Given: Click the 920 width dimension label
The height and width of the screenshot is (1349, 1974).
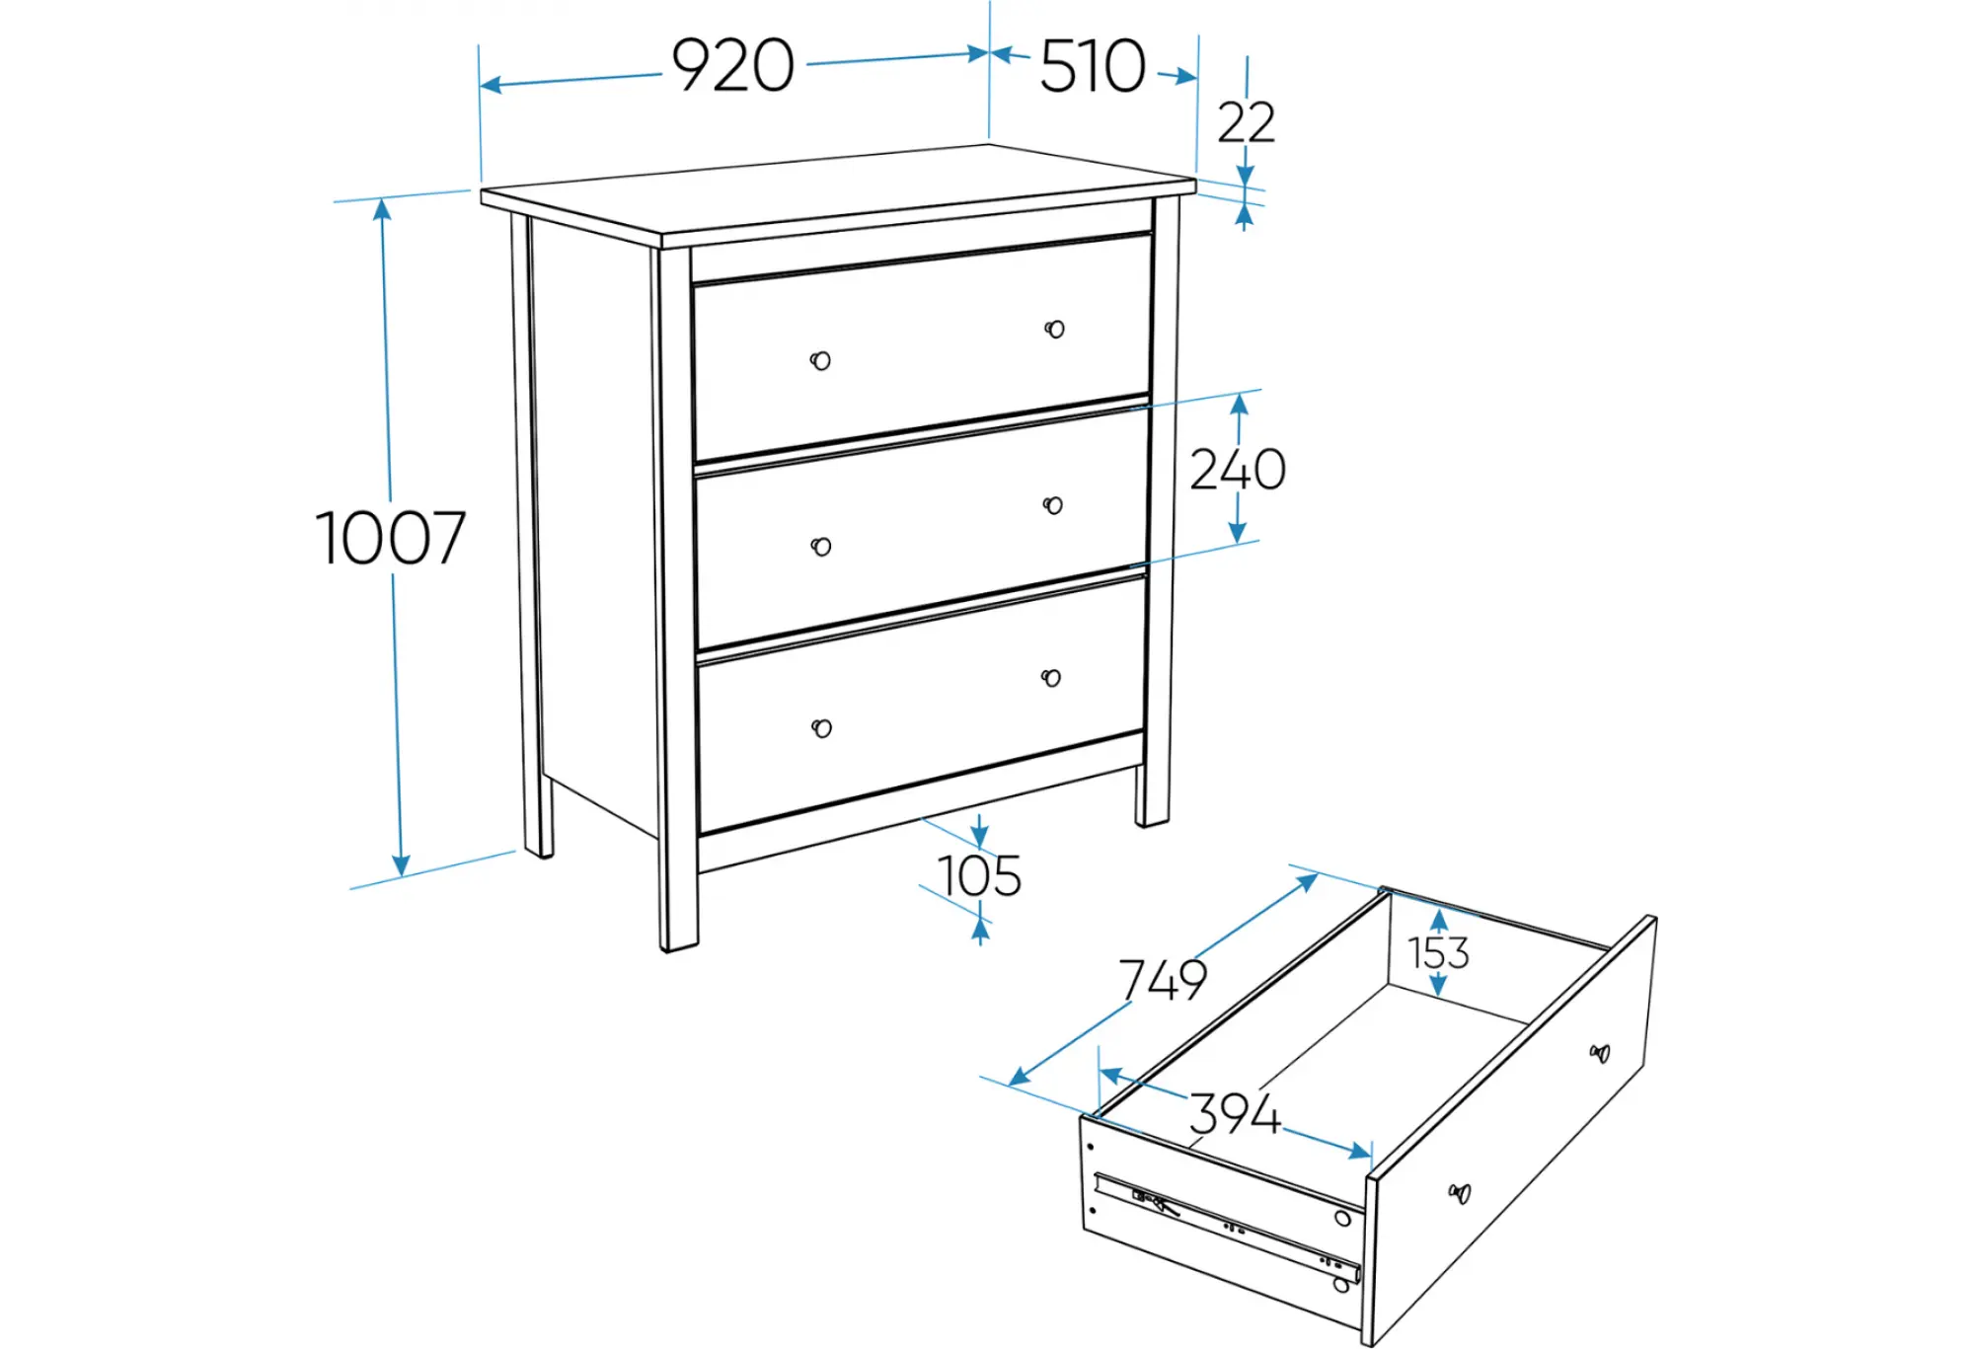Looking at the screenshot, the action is click(x=732, y=66).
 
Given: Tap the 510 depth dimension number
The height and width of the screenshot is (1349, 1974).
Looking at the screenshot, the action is click(x=1093, y=66).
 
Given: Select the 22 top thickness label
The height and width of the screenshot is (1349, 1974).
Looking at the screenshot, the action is click(x=1246, y=122).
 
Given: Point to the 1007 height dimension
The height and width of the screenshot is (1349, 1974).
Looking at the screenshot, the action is click(x=391, y=538).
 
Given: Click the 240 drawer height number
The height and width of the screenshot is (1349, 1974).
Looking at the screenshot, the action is click(x=1238, y=469).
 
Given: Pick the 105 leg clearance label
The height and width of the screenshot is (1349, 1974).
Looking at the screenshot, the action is click(x=979, y=875).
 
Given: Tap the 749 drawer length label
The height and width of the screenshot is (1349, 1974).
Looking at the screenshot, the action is click(x=1163, y=980).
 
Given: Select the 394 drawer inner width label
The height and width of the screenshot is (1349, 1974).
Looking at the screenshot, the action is click(x=1235, y=1113).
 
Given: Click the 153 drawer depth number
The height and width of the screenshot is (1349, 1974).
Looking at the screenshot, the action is click(x=1438, y=953).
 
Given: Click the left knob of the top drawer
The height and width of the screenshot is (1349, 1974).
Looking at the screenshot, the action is click(x=820, y=360).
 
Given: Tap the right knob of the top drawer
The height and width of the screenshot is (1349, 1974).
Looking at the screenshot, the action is click(x=1054, y=329).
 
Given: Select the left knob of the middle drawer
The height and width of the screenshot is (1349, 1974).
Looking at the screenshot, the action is click(x=821, y=547).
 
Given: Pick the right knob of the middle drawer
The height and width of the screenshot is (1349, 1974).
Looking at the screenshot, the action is click(x=1053, y=505).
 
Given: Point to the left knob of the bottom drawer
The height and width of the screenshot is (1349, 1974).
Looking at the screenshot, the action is click(x=821, y=728).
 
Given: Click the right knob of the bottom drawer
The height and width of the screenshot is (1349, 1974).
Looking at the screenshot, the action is click(x=1051, y=678).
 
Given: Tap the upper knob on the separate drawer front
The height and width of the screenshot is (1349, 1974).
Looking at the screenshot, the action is click(x=1600, y=1053).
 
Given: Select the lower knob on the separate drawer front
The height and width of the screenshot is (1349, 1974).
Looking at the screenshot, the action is click(x=1459, y=1194).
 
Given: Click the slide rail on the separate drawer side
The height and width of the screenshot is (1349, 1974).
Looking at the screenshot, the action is click(x=1229, y=1227).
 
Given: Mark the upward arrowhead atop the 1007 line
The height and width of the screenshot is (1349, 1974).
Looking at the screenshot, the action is click(x=383, y=208).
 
